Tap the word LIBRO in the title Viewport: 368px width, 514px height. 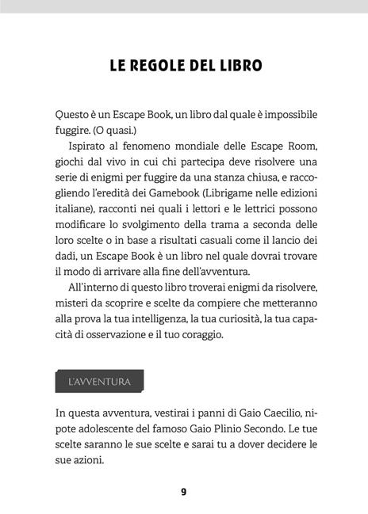click(234, 64)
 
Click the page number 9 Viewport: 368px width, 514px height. click(183, 491)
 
